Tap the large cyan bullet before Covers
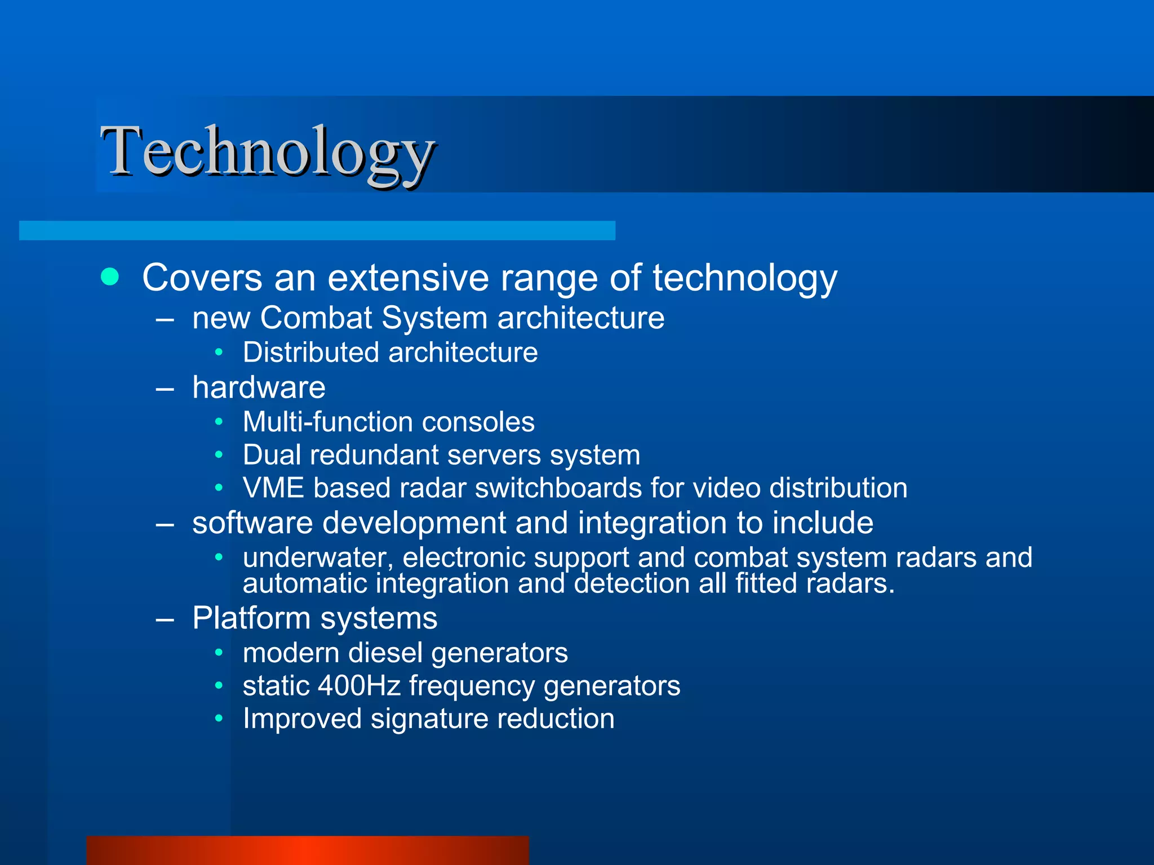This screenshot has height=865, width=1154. tap(110, 277)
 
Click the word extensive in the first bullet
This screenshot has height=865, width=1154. tap(408, 278)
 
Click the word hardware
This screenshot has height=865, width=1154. tap(259, 387)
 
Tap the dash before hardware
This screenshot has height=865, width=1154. tap(165, 389)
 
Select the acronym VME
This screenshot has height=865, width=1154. tap(273, 488)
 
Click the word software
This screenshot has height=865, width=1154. tap(252, 523)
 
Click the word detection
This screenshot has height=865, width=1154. tap(632, 583)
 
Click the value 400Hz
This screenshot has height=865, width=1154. tap(359, 686)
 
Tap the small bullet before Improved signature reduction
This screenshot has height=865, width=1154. tap(219, 719)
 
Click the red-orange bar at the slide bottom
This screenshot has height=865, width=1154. tap(308, 850)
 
